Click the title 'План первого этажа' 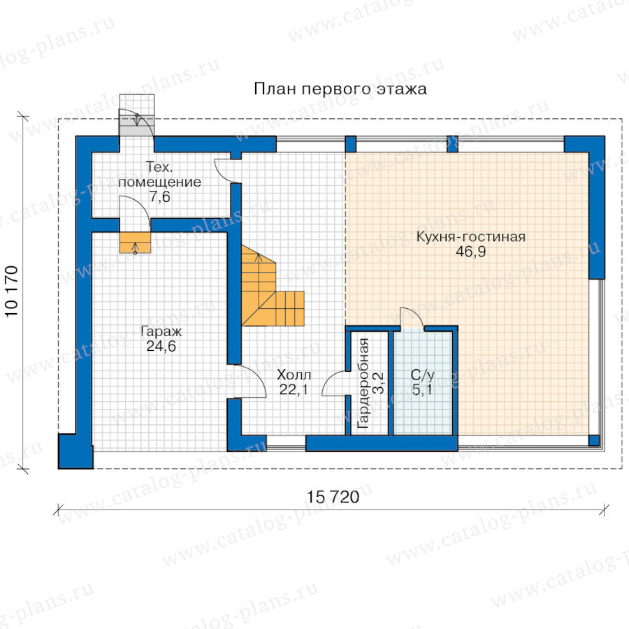point(340,89)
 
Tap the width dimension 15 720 point(333,497)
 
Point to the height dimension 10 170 point(12,291)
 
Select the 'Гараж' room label point(161,332)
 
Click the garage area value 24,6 point(161,346)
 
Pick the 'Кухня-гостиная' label point(471,237)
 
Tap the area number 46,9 point(471,252)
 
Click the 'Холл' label point(294,375)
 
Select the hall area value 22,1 point(294,389)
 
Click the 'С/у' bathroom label point(422,375)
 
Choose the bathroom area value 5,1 point(422,389)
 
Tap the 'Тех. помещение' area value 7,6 point(160,197)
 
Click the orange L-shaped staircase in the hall point(265,293)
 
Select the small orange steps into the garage point(135,243)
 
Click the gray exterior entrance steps point(137,115)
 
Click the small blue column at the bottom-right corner point(593,440)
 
